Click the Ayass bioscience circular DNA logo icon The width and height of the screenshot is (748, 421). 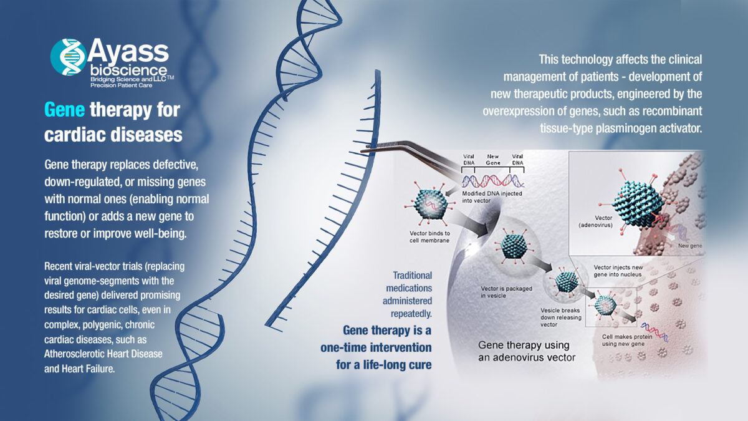click(69, 57)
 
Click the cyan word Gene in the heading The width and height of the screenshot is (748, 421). click(65, 110)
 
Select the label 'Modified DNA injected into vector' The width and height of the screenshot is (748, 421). click(492, 196)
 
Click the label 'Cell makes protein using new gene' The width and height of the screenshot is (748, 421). click(628, 340)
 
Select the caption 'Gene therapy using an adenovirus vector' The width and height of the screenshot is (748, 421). click(526, 351)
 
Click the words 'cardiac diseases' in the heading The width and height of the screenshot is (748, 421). click(113, 134)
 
